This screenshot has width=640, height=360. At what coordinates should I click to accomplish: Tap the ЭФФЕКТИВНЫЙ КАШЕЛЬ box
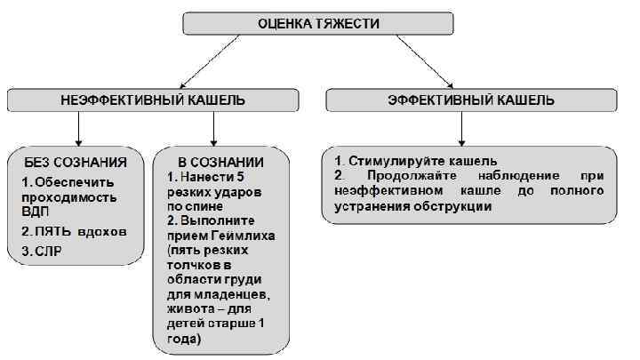(471, 100)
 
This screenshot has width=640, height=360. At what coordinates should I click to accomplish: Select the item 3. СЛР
(40, 252)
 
